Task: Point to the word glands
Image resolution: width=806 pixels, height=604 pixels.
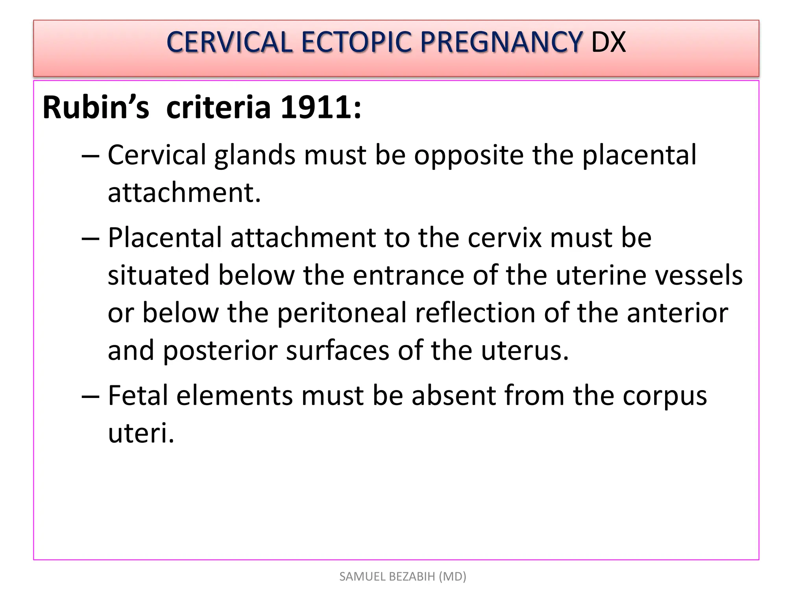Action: coord(255,155)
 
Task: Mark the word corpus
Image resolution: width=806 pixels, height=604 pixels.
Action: coord(665,396)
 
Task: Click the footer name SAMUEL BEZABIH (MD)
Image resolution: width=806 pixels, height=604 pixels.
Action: coord(403,576)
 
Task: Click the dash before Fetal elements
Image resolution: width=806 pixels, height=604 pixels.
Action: coord(90,396)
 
